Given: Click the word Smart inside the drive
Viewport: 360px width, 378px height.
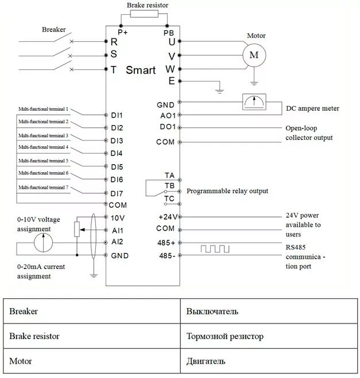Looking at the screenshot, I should (141, 71).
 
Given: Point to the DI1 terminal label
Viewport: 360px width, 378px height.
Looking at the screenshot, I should (117, 115).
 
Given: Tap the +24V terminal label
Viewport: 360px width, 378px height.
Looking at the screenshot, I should (167, 217).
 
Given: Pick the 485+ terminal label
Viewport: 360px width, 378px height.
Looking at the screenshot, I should (167, 242).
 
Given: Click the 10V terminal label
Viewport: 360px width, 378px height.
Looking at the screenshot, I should (118, 217).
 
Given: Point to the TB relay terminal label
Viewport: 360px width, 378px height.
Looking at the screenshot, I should (169, 186).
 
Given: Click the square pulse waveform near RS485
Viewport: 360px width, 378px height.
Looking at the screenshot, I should (215, 248).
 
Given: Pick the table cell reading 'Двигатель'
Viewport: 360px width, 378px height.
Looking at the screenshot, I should (206, 361).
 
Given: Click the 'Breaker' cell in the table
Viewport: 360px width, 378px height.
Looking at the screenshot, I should (24, 311).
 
